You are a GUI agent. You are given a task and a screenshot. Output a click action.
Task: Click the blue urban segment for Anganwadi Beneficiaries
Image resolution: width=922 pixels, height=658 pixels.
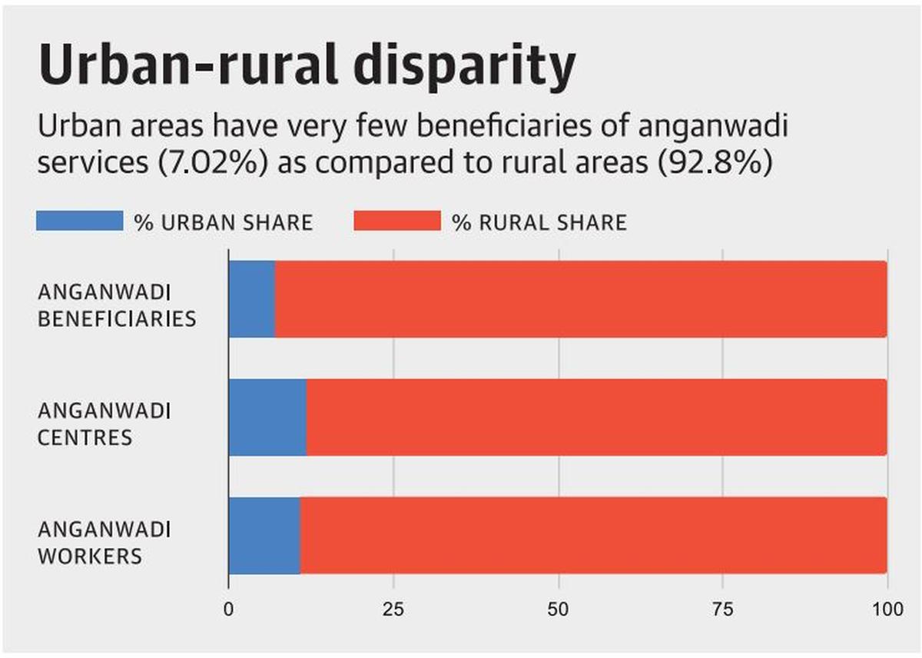252,299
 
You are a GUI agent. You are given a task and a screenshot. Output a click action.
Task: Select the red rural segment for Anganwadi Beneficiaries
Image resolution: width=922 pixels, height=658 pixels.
581,299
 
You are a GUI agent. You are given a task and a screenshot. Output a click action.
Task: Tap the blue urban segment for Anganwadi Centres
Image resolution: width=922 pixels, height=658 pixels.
267,417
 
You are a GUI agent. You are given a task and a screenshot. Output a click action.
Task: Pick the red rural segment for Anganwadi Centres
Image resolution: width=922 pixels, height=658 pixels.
596,417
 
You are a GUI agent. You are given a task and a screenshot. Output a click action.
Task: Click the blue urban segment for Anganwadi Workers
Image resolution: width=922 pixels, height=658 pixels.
264,536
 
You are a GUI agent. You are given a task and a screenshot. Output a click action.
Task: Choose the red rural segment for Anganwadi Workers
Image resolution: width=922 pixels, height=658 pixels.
593,536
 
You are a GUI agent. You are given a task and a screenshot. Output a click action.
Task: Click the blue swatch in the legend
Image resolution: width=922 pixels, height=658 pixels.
79,221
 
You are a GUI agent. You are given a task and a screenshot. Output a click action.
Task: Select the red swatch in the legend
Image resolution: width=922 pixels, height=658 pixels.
396,221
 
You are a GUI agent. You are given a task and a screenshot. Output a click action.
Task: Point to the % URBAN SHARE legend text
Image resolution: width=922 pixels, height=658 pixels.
224,223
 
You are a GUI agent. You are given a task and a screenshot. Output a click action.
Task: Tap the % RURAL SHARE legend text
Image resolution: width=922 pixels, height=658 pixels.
539,223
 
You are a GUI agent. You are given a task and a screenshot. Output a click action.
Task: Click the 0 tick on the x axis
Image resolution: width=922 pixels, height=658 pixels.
228,609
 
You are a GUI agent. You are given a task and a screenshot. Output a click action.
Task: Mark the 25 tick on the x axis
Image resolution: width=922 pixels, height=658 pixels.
393,609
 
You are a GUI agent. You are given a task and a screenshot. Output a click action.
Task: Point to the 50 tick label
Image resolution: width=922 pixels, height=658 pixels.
559,609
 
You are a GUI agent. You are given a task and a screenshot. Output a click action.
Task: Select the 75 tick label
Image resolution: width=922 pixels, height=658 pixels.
723,609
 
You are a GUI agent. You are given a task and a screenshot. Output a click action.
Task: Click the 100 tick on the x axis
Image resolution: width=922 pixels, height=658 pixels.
887,609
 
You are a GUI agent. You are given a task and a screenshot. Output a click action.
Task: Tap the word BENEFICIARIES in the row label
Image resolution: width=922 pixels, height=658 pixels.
117,318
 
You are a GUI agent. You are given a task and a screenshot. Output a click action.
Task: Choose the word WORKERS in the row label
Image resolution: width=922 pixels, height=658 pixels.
89,556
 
